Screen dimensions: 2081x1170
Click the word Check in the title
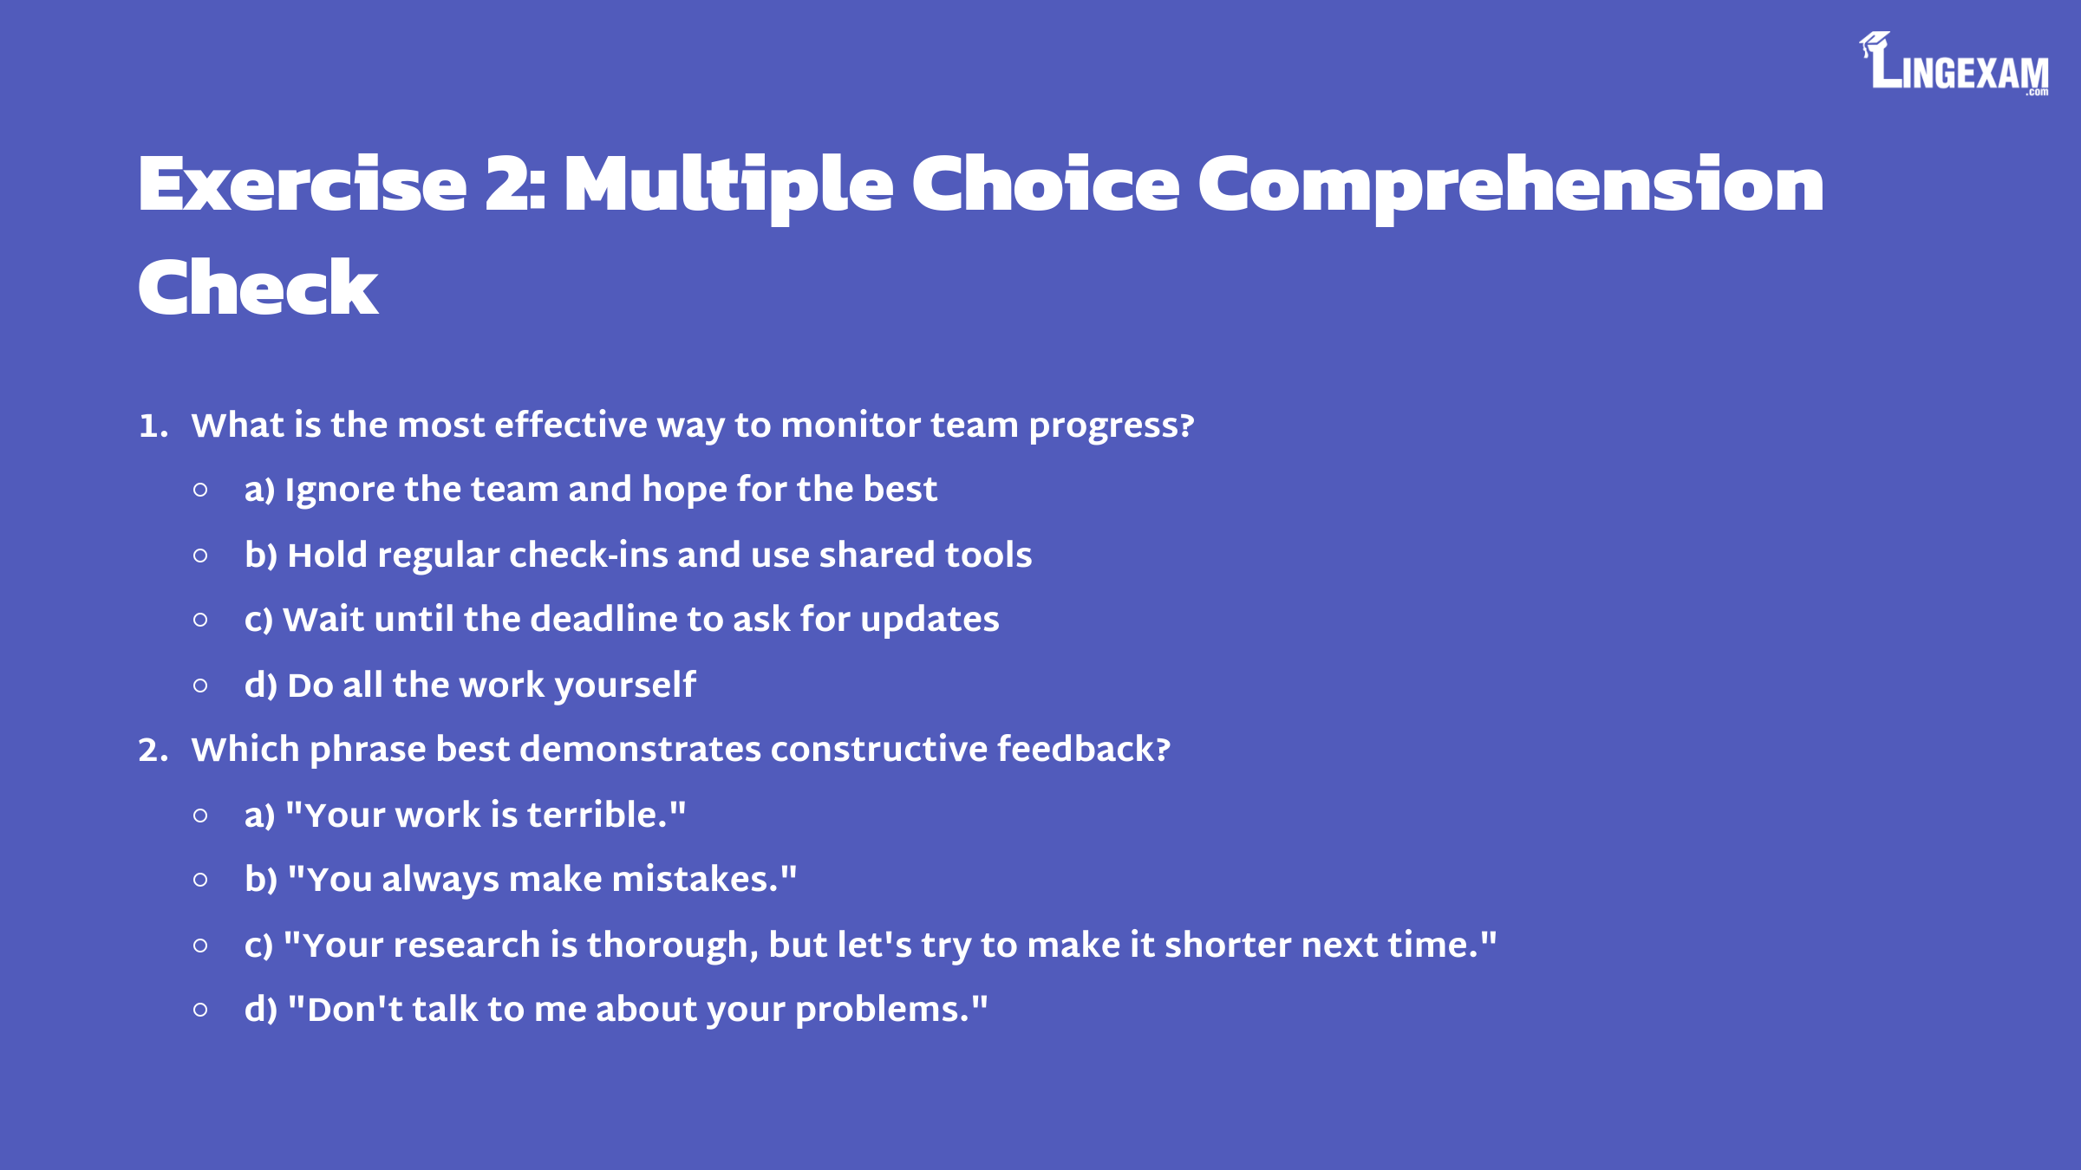coord(258,287)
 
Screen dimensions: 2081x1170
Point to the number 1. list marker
coord(153,426)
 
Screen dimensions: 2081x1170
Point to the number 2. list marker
coord(153,750)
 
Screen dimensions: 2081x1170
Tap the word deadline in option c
coord(603,619)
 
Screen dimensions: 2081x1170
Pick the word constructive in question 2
coord(879,749)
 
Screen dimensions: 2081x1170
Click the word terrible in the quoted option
coord(592,815)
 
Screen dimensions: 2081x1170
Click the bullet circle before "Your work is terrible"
coord(200,816)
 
